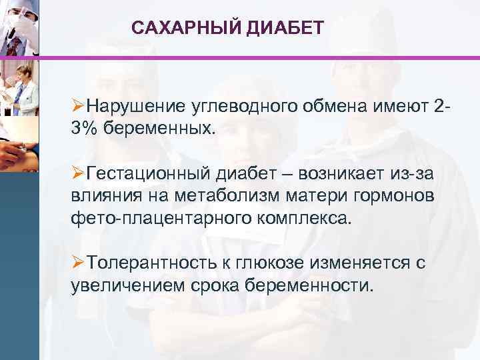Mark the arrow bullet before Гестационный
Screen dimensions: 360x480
(78, 175)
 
